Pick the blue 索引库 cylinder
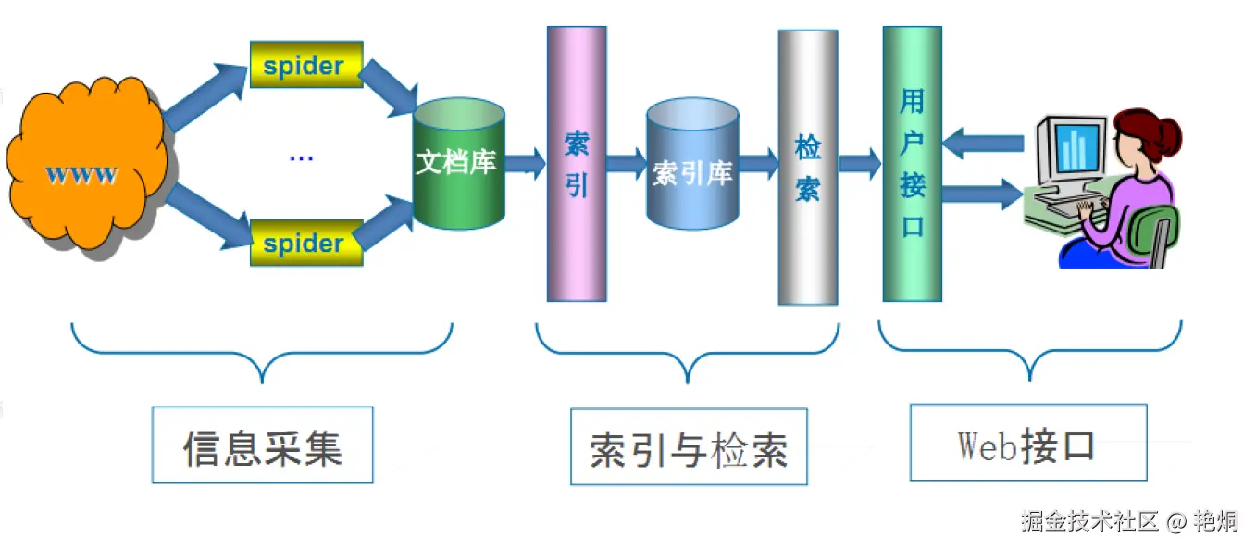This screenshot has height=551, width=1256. coord(692,167)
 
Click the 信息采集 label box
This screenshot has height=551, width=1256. coord(262,445)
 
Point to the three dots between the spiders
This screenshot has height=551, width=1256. coord(301,158)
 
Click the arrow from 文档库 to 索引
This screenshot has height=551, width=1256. coord(525,164)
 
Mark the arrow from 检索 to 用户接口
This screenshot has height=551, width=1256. coord(859,163)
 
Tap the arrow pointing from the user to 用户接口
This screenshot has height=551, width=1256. coord(983,144)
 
